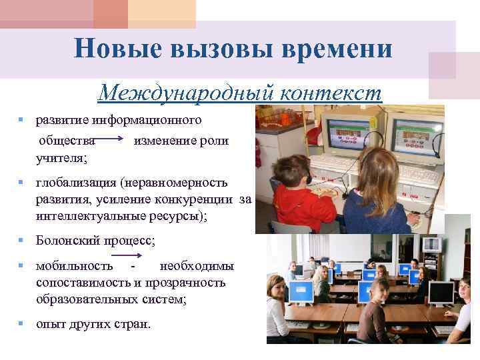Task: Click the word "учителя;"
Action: click(65, 158)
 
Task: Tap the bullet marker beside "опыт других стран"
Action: click(21, 325)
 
